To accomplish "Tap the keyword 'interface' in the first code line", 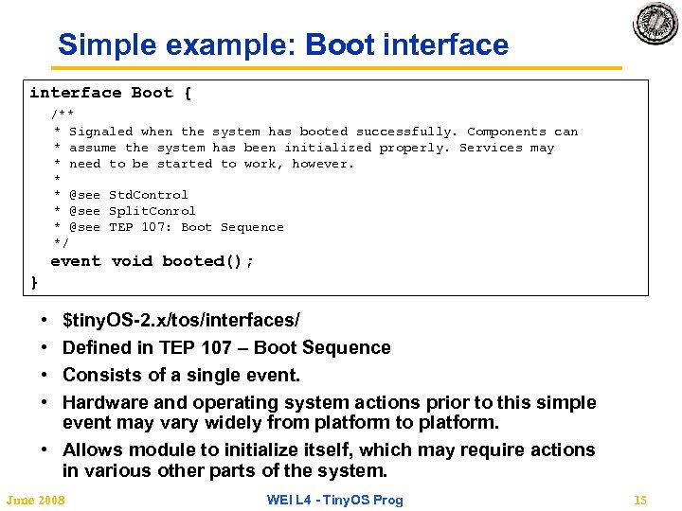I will point(76,93).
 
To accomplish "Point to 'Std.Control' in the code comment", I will point(149,195).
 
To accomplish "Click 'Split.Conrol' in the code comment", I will point(153,211).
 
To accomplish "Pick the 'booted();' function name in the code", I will point(207,261).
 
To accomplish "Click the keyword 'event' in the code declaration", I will point(75,261).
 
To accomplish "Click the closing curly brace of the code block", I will point(35,281).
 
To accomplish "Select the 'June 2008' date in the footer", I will point(36,500).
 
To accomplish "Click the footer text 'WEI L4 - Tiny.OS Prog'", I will point(333,500).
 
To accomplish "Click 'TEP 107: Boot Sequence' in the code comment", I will point(196,227).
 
